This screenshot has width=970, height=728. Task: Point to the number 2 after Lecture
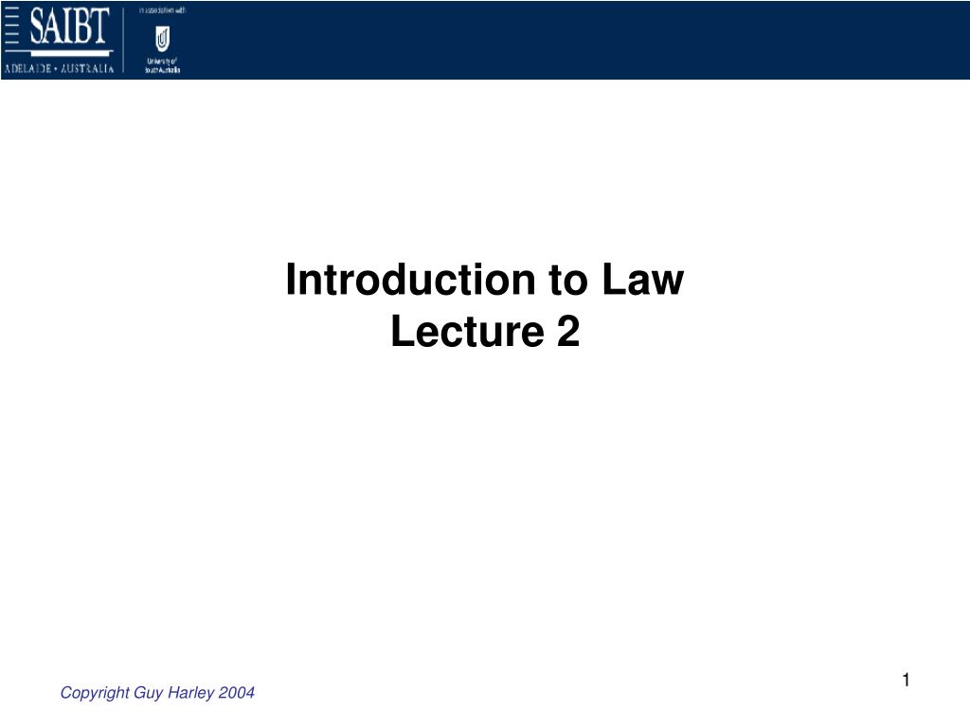566,332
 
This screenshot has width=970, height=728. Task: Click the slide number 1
906,680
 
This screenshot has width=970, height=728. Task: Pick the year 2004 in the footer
235,693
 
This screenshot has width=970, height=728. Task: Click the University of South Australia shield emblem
162,40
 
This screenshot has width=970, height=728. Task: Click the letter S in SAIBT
37,28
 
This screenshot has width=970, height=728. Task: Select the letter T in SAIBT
102,28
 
